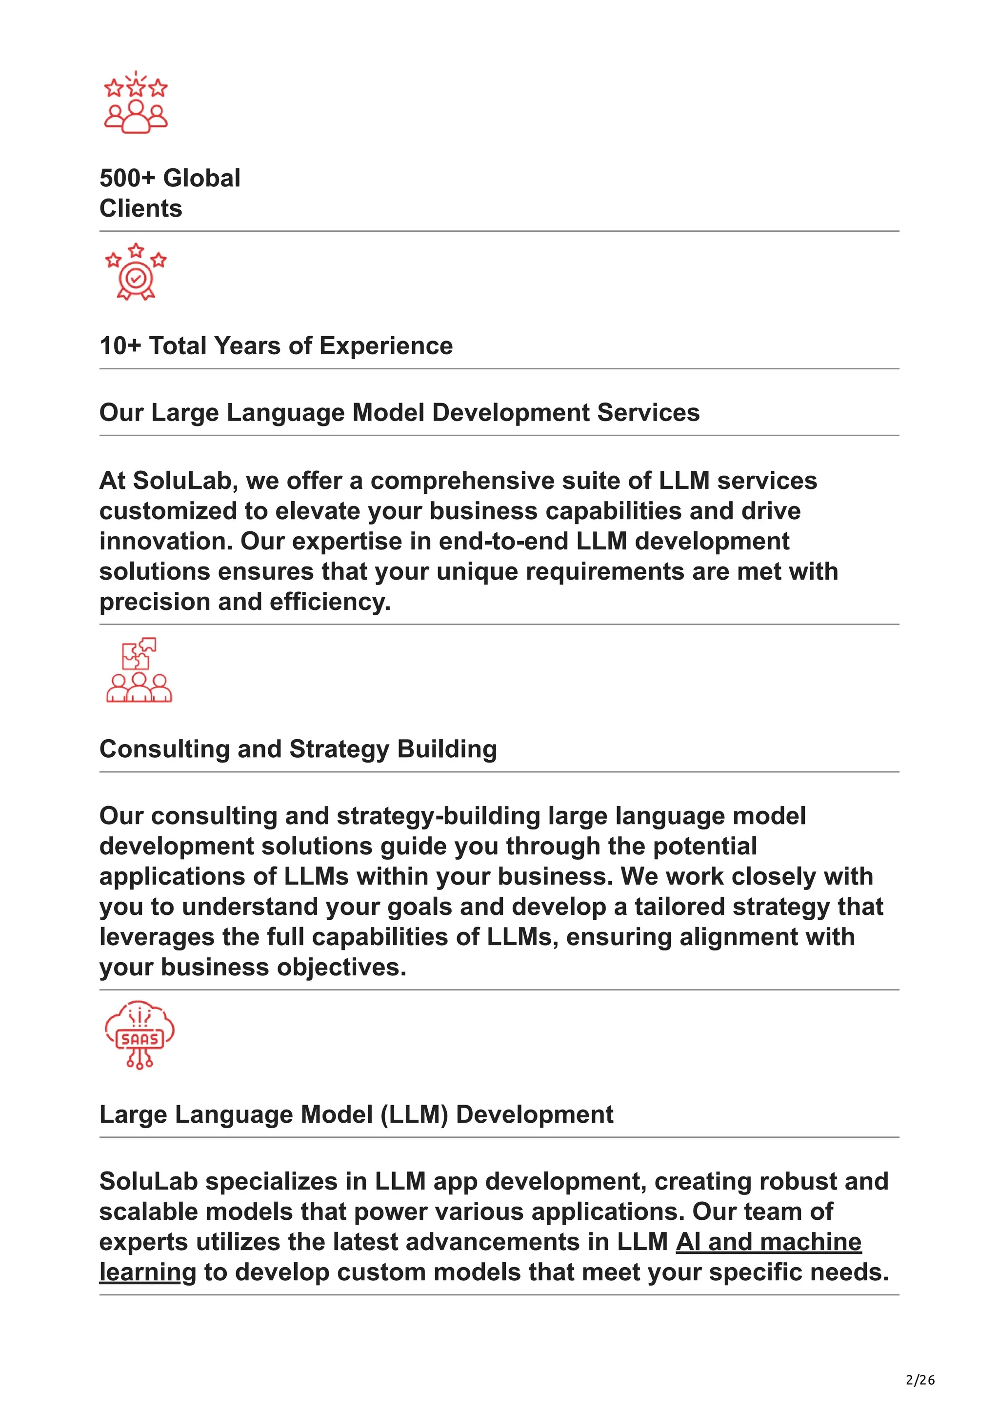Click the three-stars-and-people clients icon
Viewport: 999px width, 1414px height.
pyautogui.click(x=136, y=102)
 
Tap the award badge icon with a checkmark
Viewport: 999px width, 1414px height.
pyautogui.click(x=136, y=272)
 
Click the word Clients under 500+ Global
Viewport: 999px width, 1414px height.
pyautogui.click(x=141, y=209)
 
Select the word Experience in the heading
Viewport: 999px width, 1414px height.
pyautogui.click(x=386, y=346)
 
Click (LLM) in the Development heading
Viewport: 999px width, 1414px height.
pyautogui.click(x=414, y=1115)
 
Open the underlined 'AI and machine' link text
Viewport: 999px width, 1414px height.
pyautogui.click(x=769, y=1242)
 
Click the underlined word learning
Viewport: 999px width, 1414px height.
pyautogui.click(x=148, y=1273)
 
